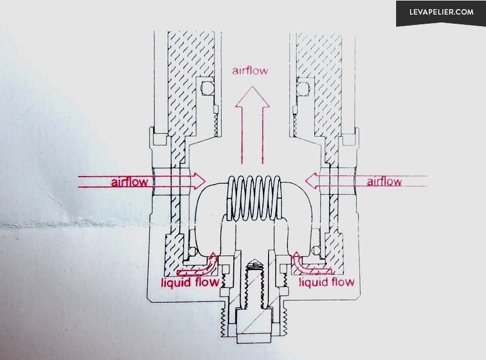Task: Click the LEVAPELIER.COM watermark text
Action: pyautogui.click(x=442, y=12)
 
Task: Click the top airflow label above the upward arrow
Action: pyautogui.click(x=250, y=71)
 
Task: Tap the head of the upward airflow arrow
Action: pyautogui.click(x=252, y=97)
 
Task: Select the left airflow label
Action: pyautogui.click(x=129, y=182)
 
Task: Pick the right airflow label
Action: pyautogui.click(x=385, y=181)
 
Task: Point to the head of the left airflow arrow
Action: pyautogui.click(x=199, y=181)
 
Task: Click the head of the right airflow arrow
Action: pyautogui.click(x=311, y=181)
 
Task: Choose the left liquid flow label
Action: pyautogui.click(x=190, y=282)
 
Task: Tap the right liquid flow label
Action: pyautogui.click(x=326, y=282)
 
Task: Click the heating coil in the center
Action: pyautogui.click(x=254, y=199)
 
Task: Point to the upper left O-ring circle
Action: pyautogui.click(x=207, y=89)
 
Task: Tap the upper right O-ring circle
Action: pyautogui.click(x=303, y=89)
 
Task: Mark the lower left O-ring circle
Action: pyautogui.click(x=193, y=251)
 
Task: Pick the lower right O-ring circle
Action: pyautogui.click(x=316, y=250)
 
